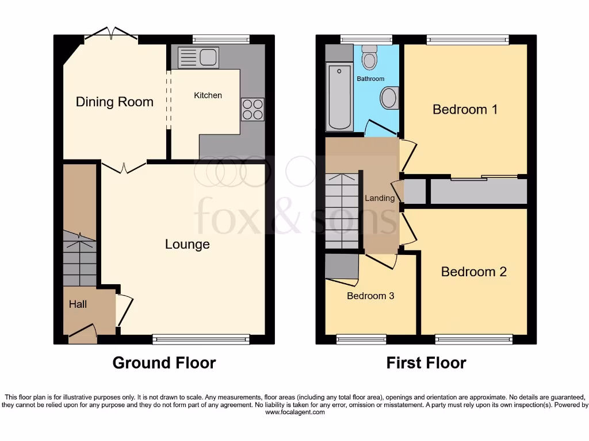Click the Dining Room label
(114, 102)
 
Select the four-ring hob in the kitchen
(253, 109)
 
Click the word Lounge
(187, 245)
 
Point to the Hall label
(78, 304)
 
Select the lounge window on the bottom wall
(201, 340)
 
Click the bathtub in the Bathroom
(339, 98)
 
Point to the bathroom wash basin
(389, 98)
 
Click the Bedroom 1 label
(465, 109)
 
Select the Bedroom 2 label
(473, 272)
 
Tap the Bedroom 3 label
(370, 296)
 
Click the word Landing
(380, 198)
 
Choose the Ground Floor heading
(164, 363)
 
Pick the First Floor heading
(426, 363)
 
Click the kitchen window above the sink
(221, 39)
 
